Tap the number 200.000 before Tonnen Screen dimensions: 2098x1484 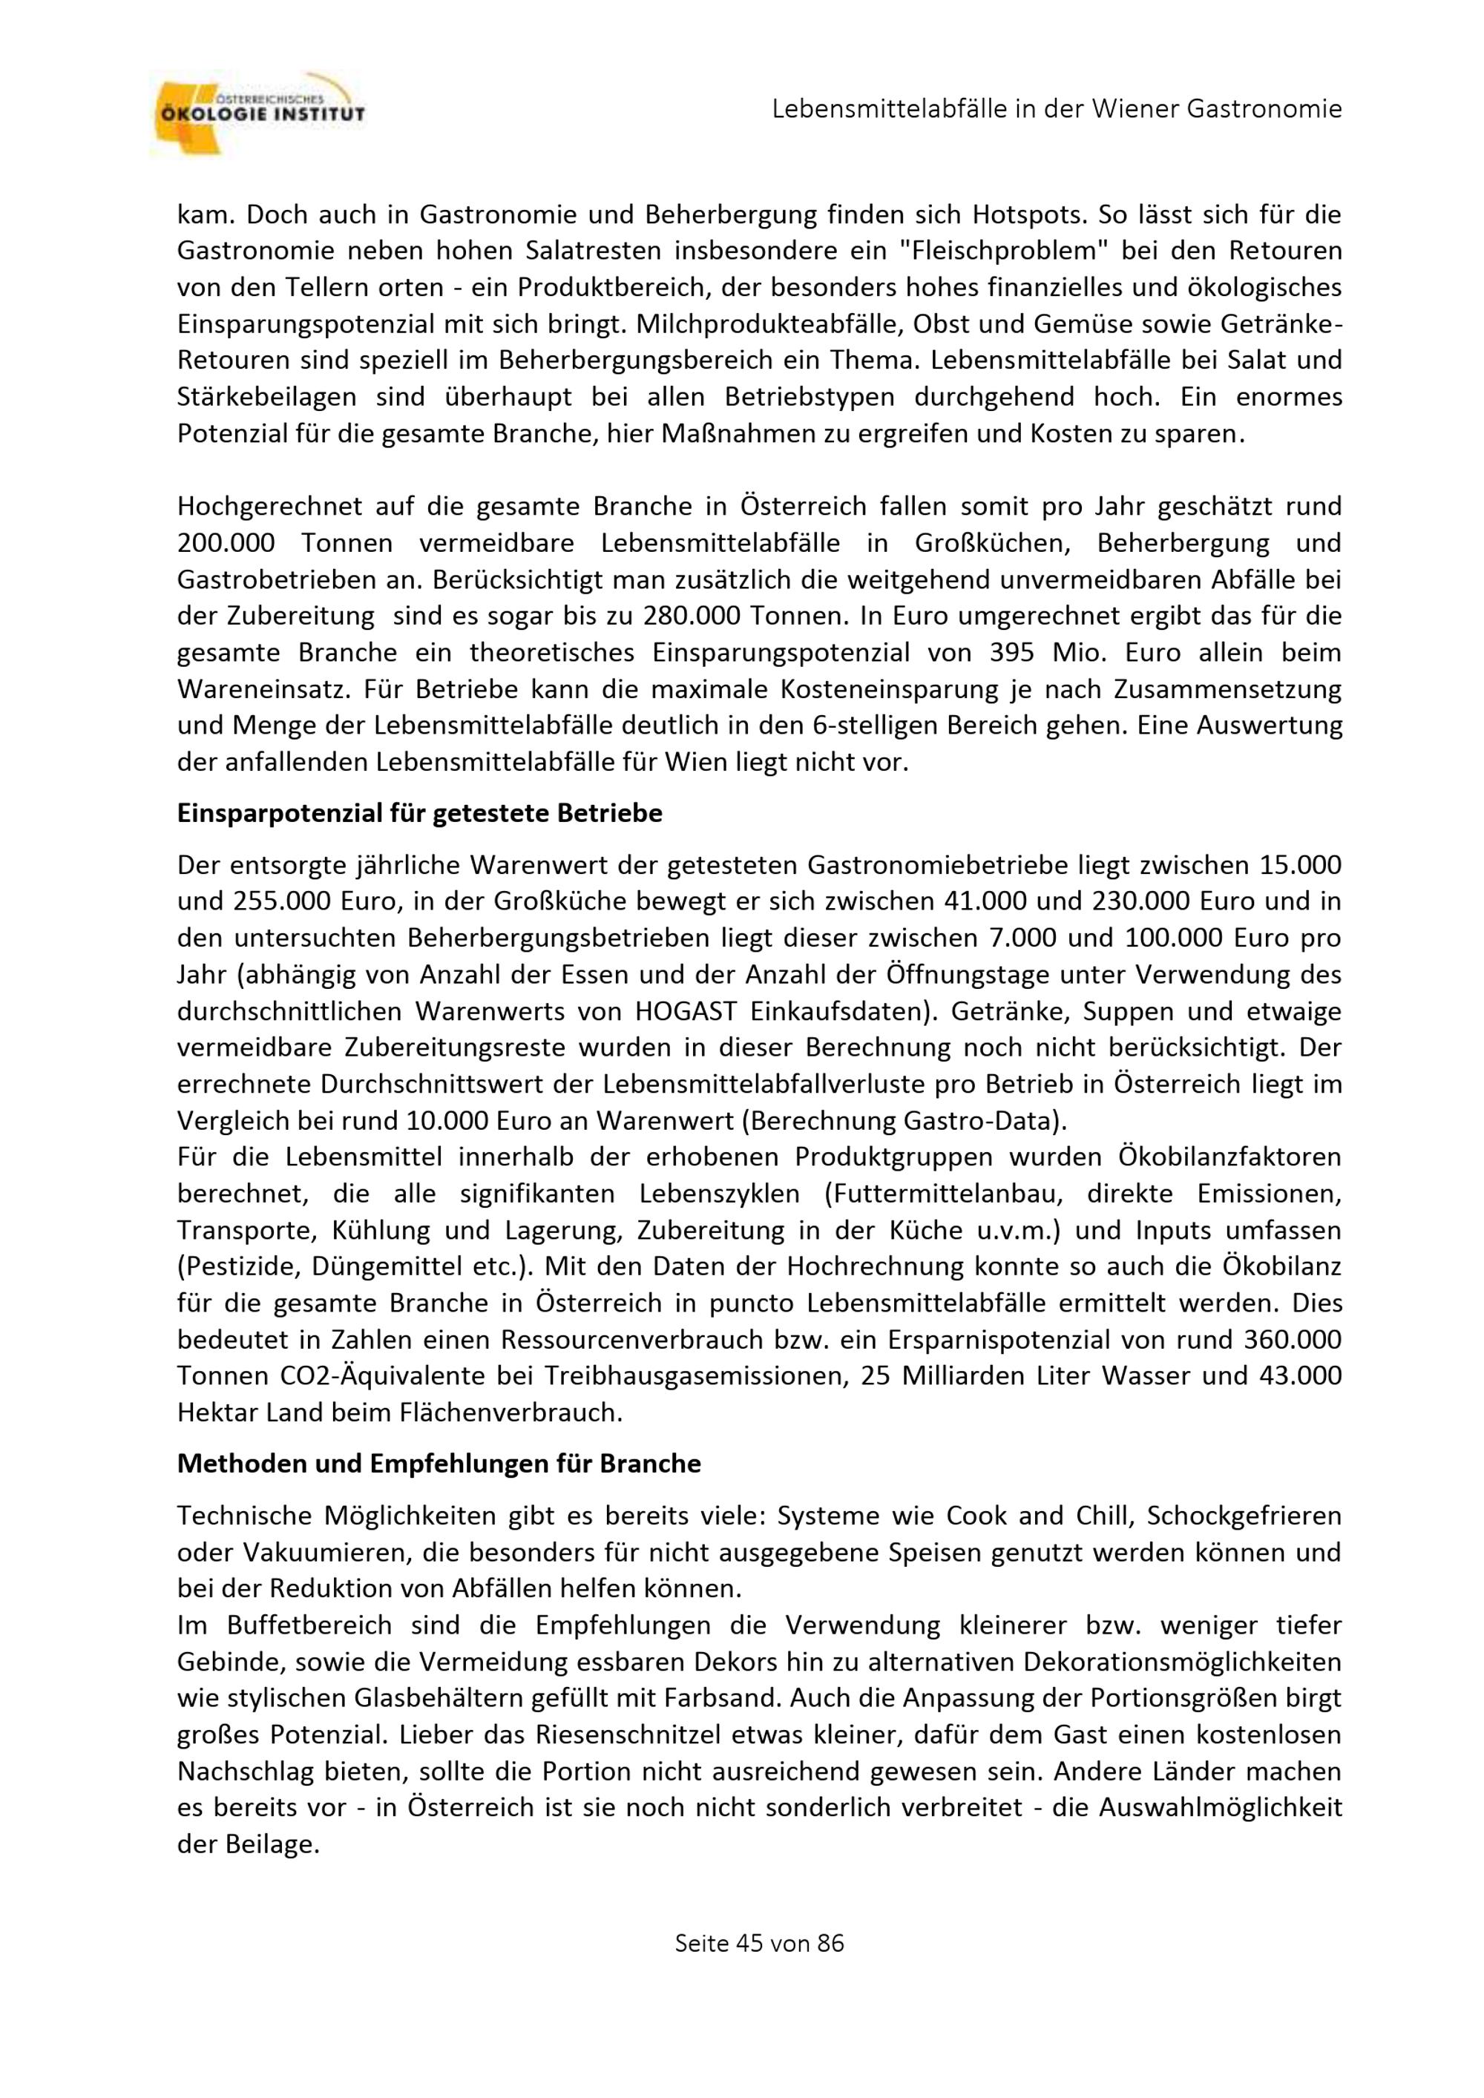[226, 543]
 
